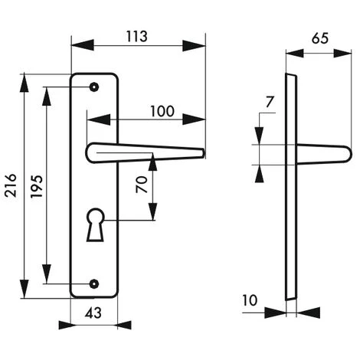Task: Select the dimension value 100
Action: [161, 111]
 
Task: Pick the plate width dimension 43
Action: [92, 313]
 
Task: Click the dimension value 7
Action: [269, 102]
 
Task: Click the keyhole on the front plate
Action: [95, 222]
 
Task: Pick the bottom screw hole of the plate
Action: [93, 284]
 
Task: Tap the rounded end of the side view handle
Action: [349, 154]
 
